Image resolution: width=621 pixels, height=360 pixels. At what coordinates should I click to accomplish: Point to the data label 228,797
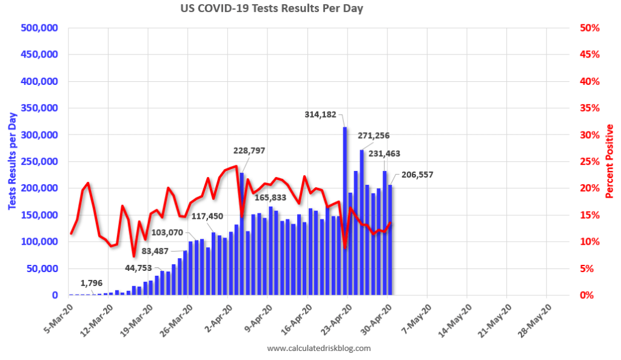[x=245, y=150]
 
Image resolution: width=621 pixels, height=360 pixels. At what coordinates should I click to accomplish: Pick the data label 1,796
[x=93, y=282]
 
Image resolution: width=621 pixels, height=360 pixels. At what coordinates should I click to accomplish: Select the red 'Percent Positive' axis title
[x=609, y=162]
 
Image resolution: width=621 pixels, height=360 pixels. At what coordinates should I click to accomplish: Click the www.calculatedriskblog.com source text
[x=318, y=348]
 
